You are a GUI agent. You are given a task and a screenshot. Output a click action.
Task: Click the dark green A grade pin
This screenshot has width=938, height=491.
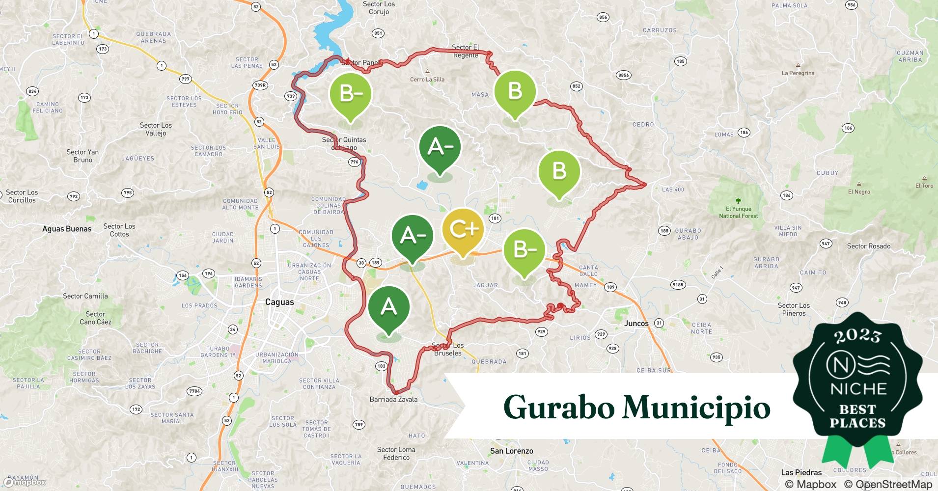click(x=389, y=308)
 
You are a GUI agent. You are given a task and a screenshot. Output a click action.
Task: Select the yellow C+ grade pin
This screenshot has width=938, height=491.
click(x=463, y=230)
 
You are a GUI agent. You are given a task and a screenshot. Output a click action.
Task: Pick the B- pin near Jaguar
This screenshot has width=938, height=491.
click(x=524, y=250)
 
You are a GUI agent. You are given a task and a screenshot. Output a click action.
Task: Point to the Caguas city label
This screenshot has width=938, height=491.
click(x=279, y=302)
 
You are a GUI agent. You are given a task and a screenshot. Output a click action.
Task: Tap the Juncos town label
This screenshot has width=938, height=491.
click(x=636, y=323)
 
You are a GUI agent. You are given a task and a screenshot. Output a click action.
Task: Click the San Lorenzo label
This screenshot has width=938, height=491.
click(x=511, y=451)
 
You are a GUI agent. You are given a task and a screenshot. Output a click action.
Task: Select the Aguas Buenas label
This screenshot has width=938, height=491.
click(x=67, y=229)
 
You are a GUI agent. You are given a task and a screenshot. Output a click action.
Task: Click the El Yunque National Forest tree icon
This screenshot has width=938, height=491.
click(x=738, y=201)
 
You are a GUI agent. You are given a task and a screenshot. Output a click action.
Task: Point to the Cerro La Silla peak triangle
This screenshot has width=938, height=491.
click(x=427, y=72)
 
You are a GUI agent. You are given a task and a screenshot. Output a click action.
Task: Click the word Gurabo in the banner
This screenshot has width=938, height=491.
click(x=558, y=408)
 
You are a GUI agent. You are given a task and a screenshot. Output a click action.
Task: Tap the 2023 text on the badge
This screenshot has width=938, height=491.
click(x=857, y=336)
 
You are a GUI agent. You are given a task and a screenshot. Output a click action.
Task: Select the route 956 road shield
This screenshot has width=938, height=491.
click(x=851, y=5)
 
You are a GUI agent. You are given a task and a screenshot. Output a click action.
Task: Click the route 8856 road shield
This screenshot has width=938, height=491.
click(x=623, y=75)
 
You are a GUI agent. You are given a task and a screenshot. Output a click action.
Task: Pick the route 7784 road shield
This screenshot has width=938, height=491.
click(x=194, y=391)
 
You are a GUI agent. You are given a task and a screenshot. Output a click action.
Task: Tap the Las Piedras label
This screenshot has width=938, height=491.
click(x=801, y=472)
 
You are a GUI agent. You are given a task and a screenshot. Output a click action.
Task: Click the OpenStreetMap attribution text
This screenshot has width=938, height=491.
click(x=887, y=484)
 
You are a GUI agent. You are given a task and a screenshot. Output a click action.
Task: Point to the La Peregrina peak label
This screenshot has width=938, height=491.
click(x=798, y=73)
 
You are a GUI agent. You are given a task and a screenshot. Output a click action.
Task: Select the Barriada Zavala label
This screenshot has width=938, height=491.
click(x=393, y=399)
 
